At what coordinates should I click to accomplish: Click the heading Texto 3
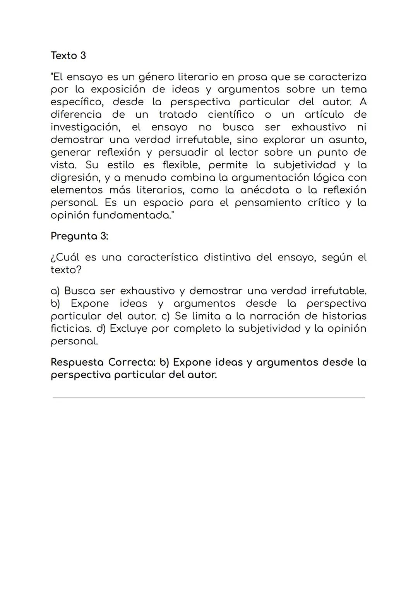(68, 56)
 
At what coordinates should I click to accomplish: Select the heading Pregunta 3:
(79, 236)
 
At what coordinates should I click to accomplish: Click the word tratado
(178, 115)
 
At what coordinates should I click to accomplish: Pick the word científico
(231, 115)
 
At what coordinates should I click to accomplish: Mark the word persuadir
(183, 152)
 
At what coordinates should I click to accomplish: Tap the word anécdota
(264, 190)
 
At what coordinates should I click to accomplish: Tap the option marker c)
(166, 316)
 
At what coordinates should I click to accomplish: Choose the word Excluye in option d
(128, 329)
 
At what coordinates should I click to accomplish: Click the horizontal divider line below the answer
(209, 397)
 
